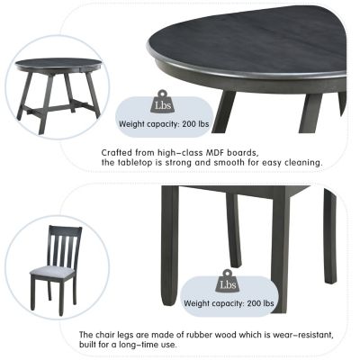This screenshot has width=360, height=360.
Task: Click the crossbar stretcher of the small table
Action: pyautogui.click(x=60, y=106)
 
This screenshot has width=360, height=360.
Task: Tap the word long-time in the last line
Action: pyautogui.click(x=145, y=345)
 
